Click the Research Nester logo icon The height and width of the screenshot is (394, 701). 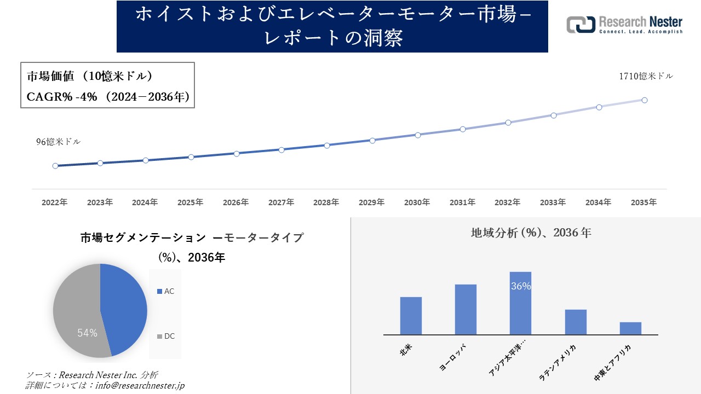point(581,25)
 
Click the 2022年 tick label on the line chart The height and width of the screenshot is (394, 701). point(55,202)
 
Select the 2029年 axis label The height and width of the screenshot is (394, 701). point(372,202)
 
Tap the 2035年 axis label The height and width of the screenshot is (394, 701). point(643,202)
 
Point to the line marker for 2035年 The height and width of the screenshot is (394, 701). point(645,100)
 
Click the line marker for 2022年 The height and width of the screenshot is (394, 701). point(55,166)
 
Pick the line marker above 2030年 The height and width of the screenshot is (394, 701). point(417,135)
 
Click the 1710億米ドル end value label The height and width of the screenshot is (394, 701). point(646,77)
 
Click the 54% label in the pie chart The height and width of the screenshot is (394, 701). point(87,333)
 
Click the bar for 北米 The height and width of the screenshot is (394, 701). point(411,316)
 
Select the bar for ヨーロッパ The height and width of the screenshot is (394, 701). point(466,309)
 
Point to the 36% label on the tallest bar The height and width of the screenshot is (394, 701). point(520,286)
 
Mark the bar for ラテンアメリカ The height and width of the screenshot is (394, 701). point(576,322)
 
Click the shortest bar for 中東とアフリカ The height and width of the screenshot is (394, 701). point(630,328)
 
